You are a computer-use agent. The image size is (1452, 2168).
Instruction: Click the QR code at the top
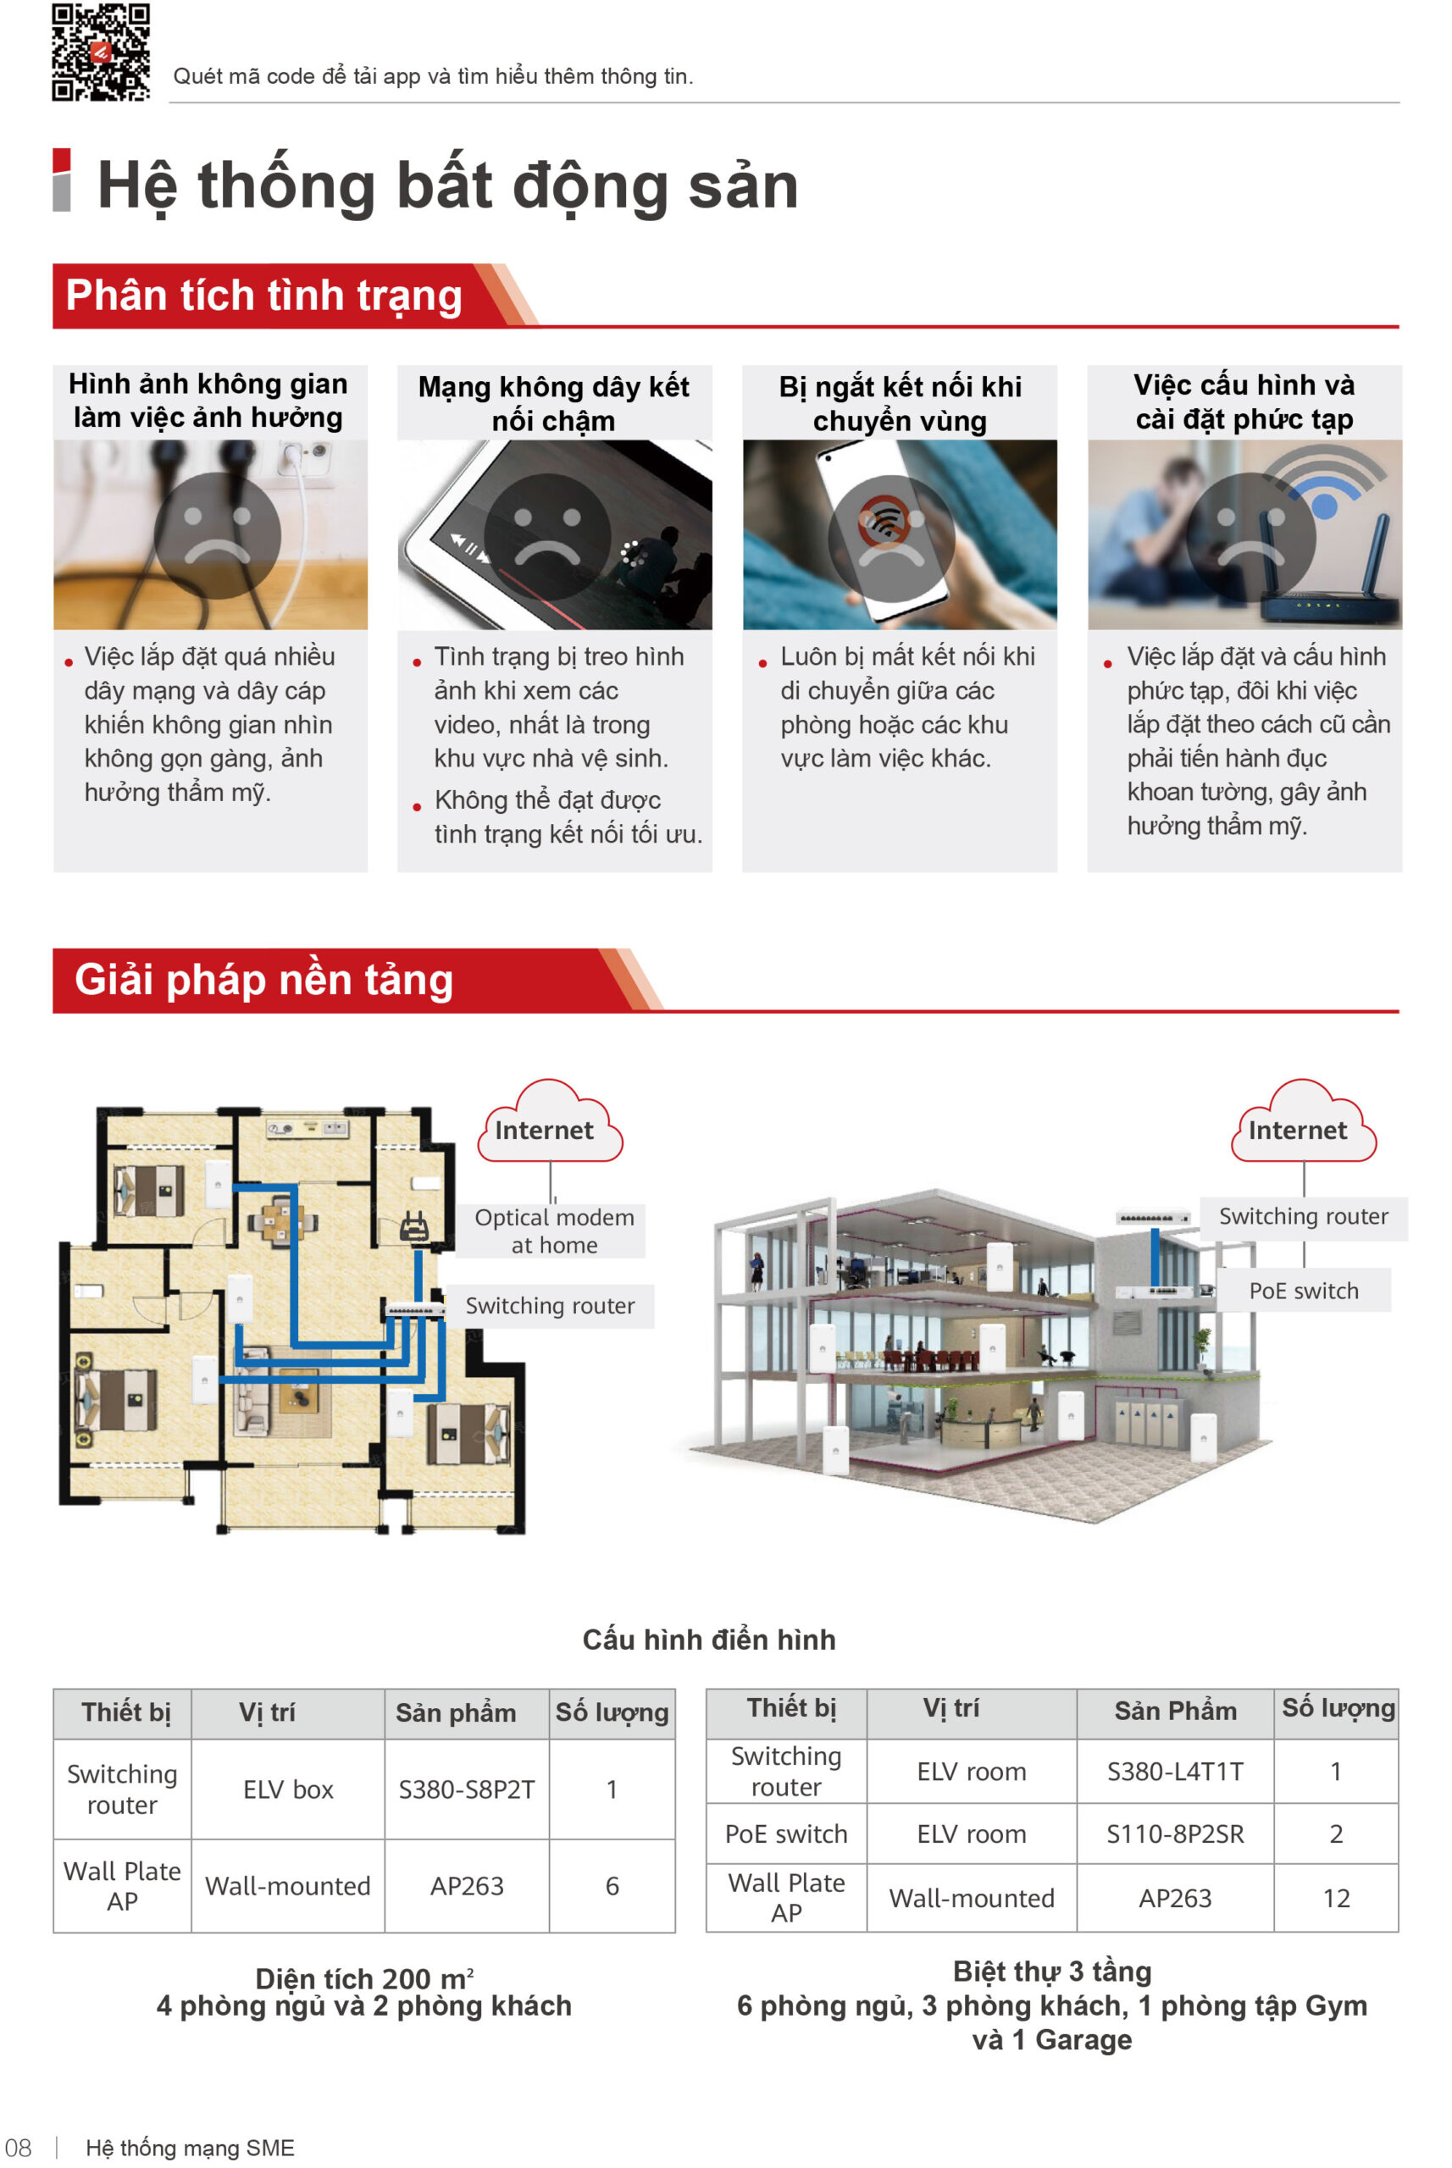[100, 52]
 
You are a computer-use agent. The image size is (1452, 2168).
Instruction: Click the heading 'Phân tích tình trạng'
[264, 296]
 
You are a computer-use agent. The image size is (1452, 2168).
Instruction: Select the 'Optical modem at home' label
[554, 1231]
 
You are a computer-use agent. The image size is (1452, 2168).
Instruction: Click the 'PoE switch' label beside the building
[1303, 1291]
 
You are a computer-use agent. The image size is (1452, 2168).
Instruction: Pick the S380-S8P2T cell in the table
[467, 1789]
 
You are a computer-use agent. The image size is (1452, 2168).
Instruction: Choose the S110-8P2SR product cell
[1174, 1833]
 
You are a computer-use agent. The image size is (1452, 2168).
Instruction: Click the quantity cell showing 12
[1335, 1899]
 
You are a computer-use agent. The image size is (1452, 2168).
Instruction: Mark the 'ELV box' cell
[288, 1789]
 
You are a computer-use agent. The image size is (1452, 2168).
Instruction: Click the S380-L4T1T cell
[1174, 1772]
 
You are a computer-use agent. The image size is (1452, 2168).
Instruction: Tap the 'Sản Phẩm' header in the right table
[1174, 1711]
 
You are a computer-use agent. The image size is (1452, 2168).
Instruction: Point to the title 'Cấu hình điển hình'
[708, 1640]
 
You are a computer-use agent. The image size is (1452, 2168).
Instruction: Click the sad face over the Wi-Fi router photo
[1251, 536]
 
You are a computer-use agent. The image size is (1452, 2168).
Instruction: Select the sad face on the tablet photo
[547, 537]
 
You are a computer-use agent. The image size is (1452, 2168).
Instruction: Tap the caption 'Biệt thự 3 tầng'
[1052, 1972]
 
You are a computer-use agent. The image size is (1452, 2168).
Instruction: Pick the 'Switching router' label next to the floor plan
[550, 1306]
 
